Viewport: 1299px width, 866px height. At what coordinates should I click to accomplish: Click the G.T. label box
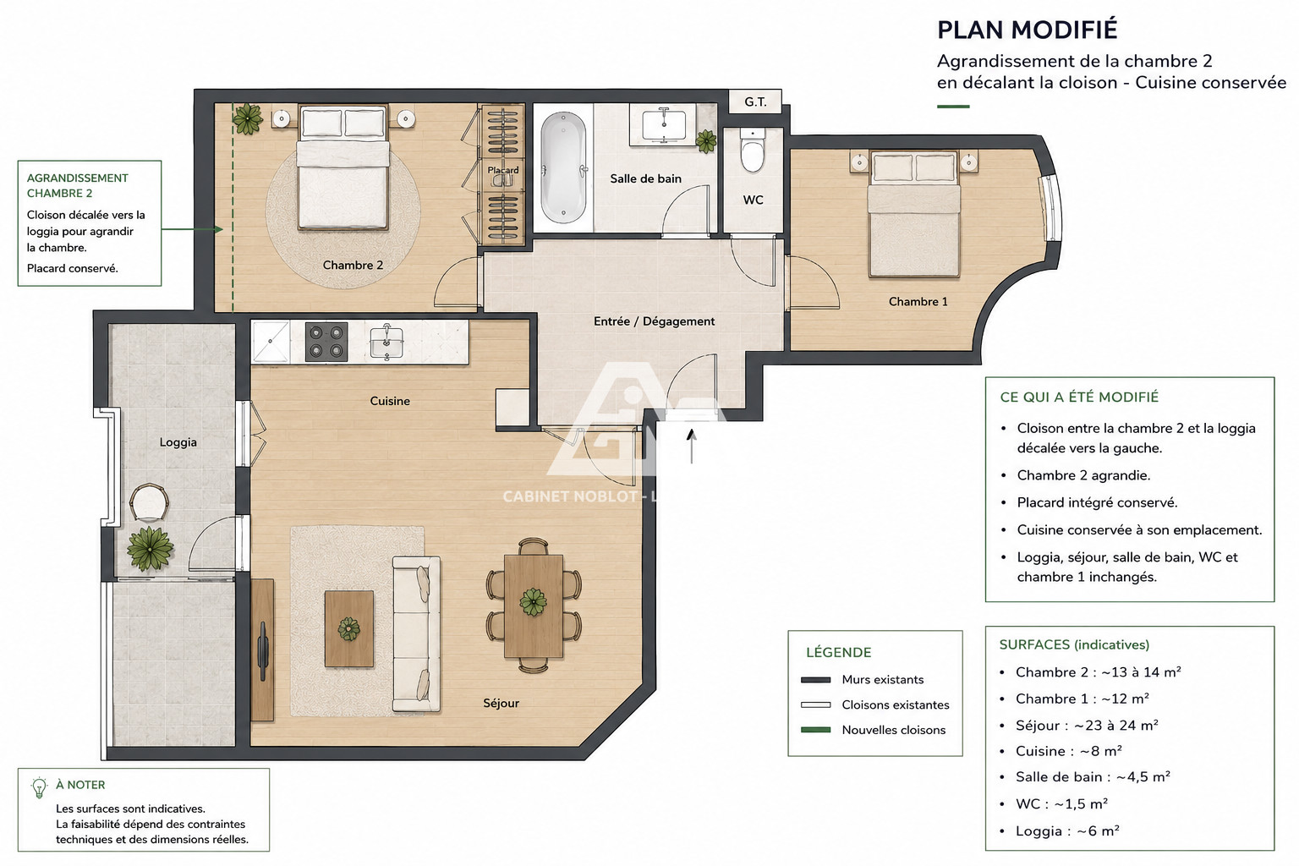[755, 102]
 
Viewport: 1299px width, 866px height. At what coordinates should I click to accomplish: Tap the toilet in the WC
[753, 151]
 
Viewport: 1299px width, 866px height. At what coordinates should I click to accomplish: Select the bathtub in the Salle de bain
[563, 167]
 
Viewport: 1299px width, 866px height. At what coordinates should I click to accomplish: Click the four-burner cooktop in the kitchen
[326, 342]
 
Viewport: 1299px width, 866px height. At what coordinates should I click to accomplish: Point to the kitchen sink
[386, 343]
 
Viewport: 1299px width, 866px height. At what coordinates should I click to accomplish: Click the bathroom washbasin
[664, 124]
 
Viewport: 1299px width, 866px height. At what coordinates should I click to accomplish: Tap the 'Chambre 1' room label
[918, 302]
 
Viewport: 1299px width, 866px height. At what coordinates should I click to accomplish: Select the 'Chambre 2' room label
[353, 265]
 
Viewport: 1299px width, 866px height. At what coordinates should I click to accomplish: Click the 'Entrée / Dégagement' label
[654, 321]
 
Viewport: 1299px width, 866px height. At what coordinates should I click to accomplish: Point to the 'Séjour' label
[501, 703]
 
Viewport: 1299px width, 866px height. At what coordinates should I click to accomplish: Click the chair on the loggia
[149, 502]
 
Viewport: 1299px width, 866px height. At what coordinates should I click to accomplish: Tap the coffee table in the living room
[349, 628]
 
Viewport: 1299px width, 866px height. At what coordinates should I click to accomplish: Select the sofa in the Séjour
[416, 634]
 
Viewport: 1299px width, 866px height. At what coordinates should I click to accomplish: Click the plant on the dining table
[533, 601]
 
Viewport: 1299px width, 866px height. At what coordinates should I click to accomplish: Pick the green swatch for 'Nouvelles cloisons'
[815, 730]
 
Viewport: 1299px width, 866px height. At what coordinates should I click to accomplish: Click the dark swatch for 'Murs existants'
[815, 680]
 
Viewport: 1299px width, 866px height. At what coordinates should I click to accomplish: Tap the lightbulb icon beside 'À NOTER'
[39, 788]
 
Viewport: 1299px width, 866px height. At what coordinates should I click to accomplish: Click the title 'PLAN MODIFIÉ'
[1027, 30]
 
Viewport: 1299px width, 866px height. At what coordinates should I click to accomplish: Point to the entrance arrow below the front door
[691, 446]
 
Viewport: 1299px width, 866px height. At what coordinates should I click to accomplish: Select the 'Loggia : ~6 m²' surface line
[1067, 830]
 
